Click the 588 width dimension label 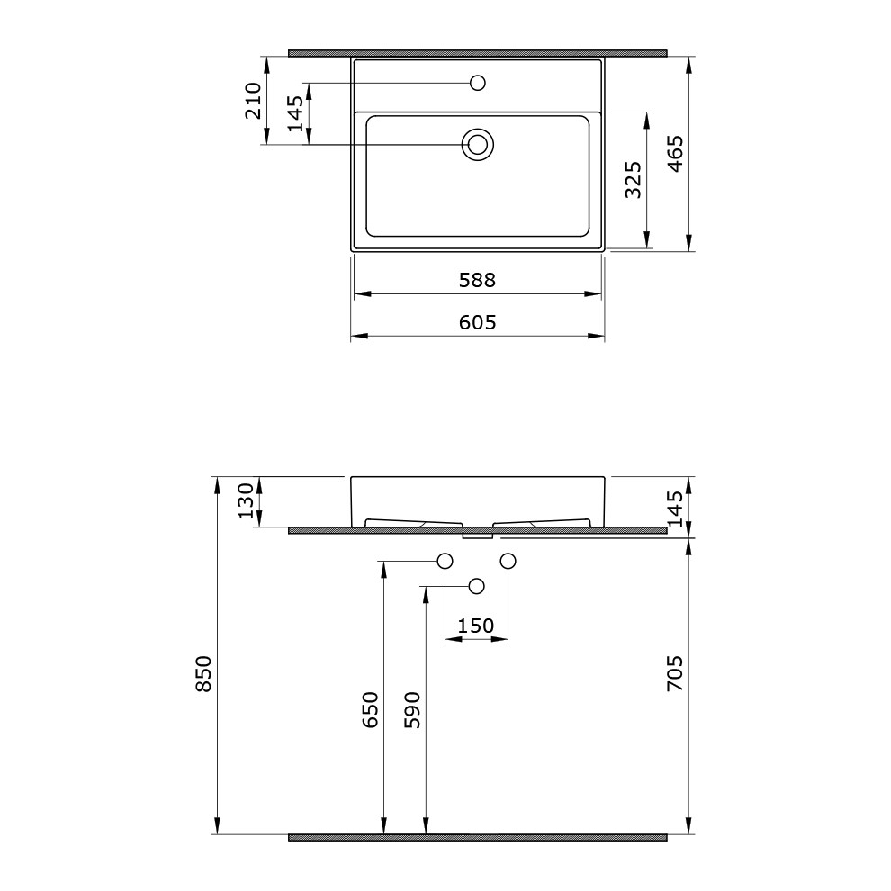tap(477, 280)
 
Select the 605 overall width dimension tap(477, 322)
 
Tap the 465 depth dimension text tap(676, 154)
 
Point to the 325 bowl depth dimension tap(633, 180)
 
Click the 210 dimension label tap(253, 100)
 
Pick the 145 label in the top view tap(296, 114)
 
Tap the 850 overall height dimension tap(204, 673)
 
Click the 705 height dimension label tap(676, 673)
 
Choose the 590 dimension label tap(413, 709)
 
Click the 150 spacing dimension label tap(476, 625)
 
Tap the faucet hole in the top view tap(478, 84)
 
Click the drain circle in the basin tap(478, 144)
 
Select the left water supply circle tap(445, 562)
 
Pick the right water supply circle tap(508, 562)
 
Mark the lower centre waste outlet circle tap(477, 587)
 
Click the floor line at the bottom tap(477, 837)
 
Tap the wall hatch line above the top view tap(477, 53)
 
